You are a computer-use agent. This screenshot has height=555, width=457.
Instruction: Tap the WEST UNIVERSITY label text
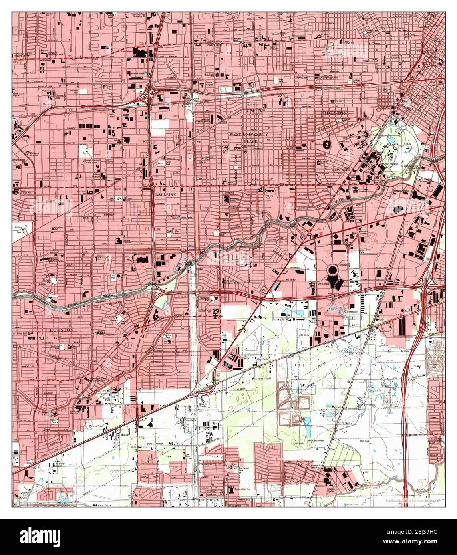point(248,135)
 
